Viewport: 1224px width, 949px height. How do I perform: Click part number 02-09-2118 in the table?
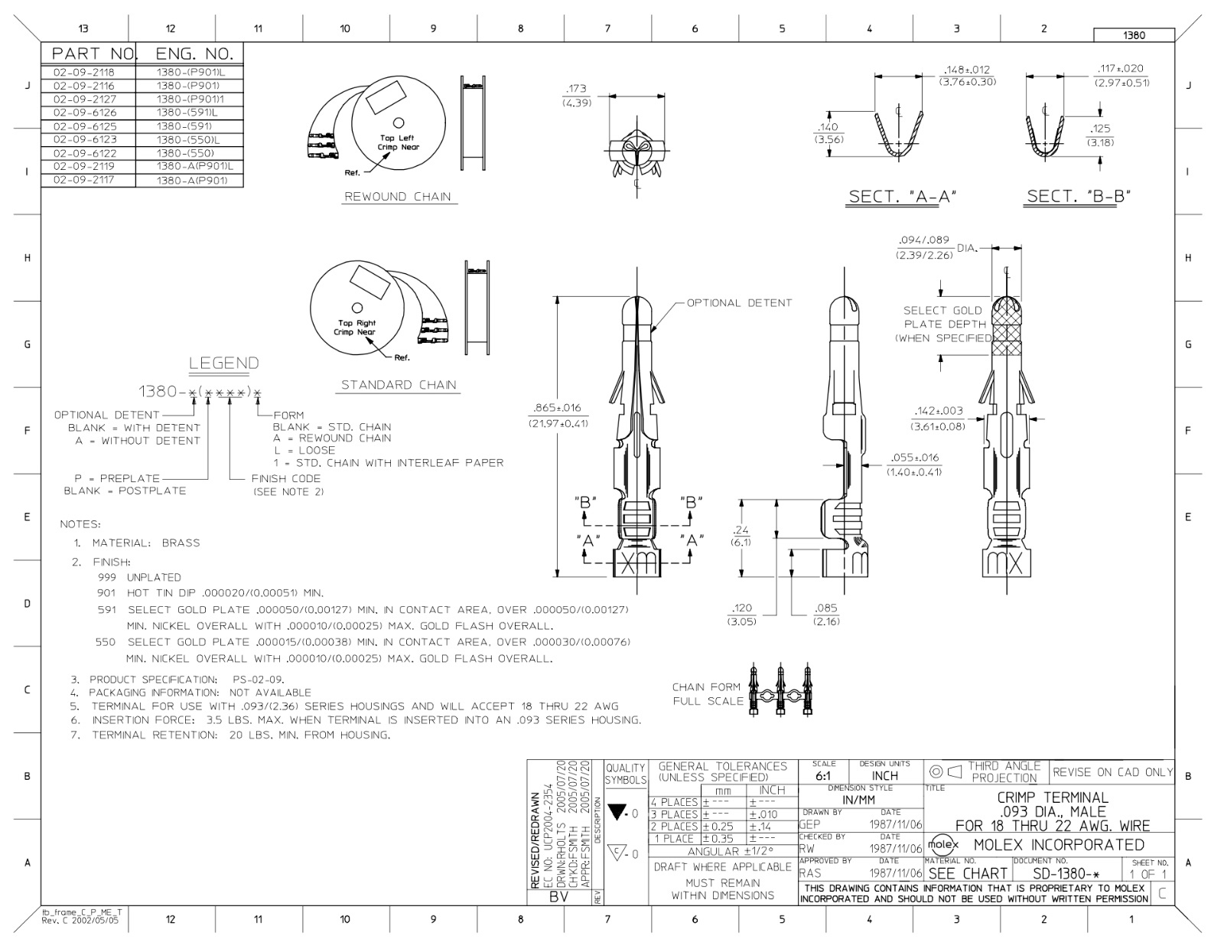coord(84,72)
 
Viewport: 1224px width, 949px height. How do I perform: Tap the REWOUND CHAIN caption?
coord(398,197)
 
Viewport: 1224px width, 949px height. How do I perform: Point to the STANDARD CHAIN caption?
coord(399,385)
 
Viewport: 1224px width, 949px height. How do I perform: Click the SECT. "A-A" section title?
coord(903,197)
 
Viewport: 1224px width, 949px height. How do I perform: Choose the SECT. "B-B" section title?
coord(1079,196)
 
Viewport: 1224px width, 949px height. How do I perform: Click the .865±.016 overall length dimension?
coord(557,408)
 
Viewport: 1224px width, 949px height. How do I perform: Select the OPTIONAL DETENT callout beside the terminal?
coord(739,303)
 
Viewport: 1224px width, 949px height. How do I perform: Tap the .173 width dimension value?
coord(576,89)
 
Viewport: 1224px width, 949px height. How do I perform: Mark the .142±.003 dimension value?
coord(939,411)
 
